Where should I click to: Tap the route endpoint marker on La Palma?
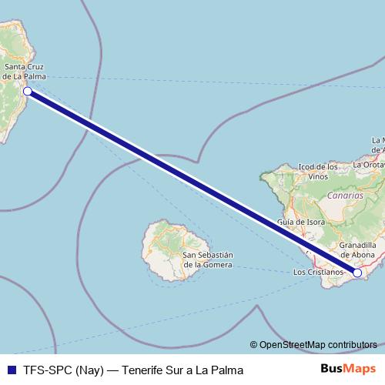point(27,92)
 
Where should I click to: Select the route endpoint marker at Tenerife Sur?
point(357,272)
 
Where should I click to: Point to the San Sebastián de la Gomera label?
point(207,259)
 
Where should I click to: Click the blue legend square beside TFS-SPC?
point(11,370)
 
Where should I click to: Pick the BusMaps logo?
point(348,370)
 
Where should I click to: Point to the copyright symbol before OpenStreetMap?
point(254,345)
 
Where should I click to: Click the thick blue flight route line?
point(192,182)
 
